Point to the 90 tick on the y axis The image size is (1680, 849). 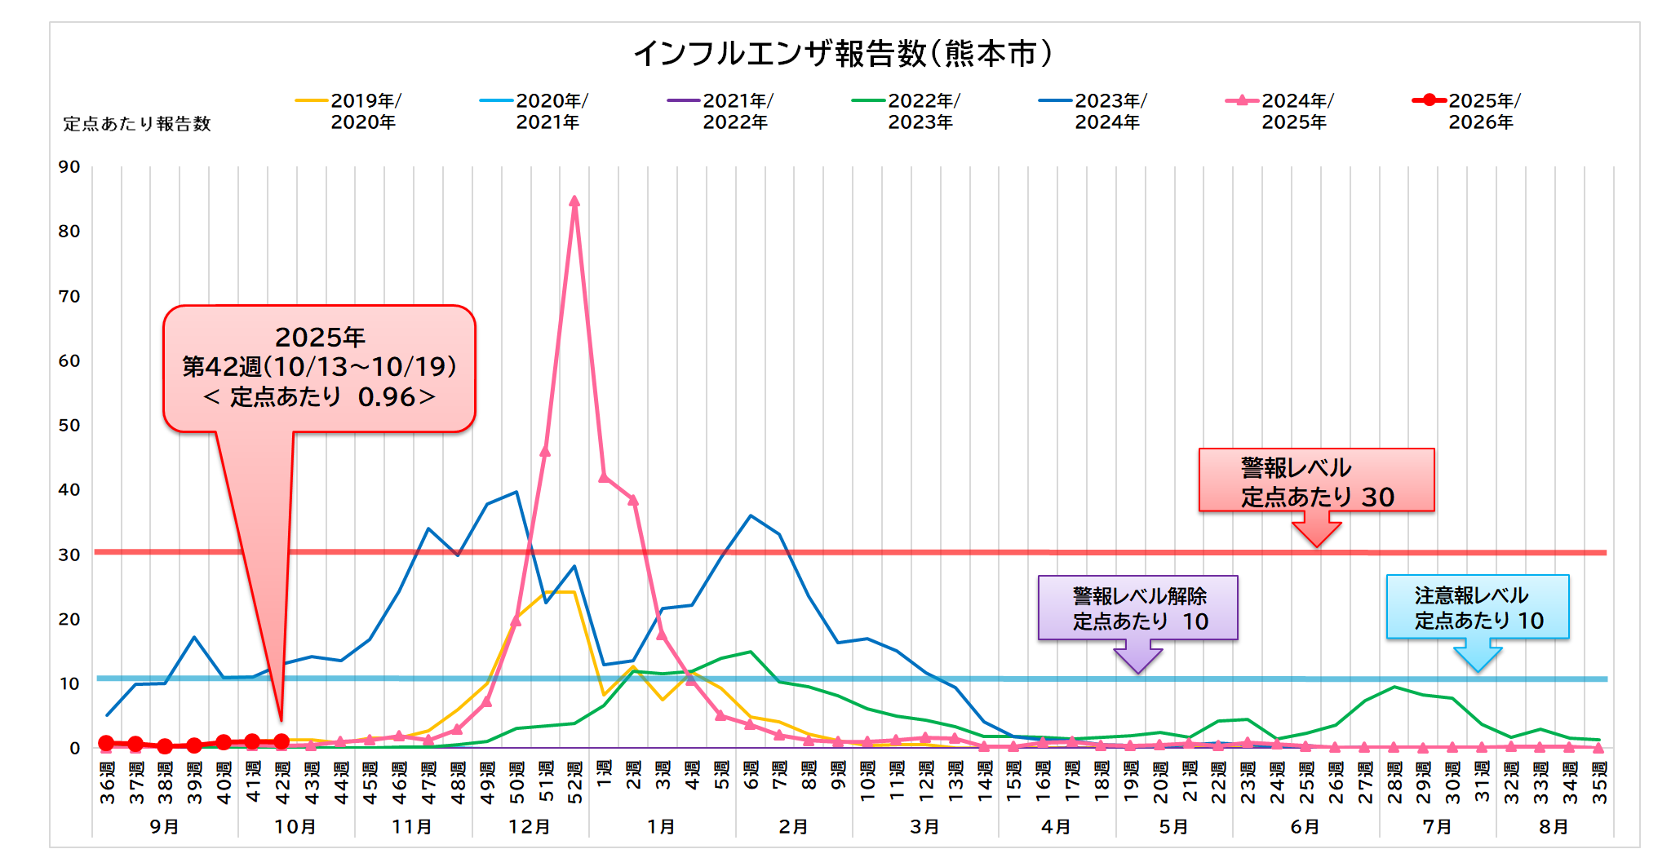(69, 167)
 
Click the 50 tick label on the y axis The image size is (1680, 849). (69, 426)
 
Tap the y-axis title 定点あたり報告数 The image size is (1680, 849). (137, 124)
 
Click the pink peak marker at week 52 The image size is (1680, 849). (574, 201)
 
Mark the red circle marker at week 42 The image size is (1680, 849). (281, 741)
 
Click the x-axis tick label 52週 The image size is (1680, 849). (574, 782)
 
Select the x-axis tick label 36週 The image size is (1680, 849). (107, 782)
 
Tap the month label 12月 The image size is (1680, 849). (530, 827)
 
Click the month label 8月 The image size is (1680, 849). (1554, 827)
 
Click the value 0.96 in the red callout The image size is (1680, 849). (387, 397)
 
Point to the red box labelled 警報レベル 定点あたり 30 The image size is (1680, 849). (1316, 480)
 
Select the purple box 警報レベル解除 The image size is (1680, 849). (1138, 608)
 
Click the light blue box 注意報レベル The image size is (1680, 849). (1477, 608)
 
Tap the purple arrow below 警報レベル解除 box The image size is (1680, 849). (1138, 656)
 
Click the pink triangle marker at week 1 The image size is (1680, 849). (604, 477)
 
